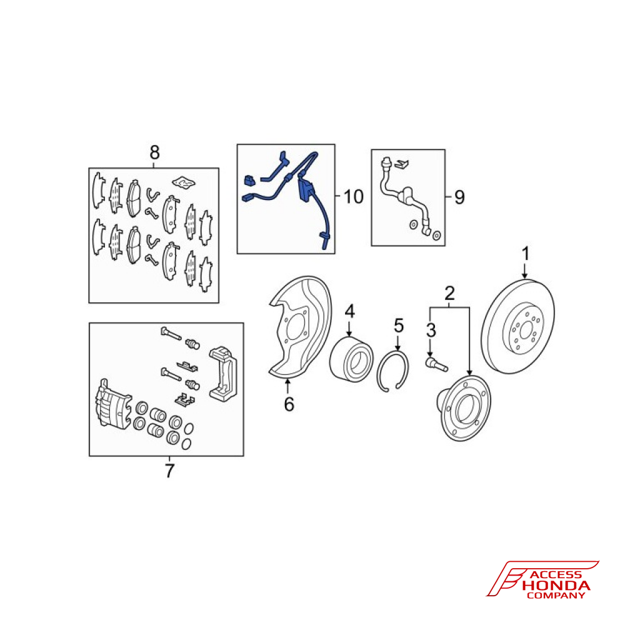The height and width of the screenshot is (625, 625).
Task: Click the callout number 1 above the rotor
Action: pyautogui.click(x=526, y=254)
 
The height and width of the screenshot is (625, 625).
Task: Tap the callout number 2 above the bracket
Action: pyautogui.click(x=449, y=293)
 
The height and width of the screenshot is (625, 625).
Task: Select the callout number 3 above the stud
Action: pyautogui.click(x=431, y=330)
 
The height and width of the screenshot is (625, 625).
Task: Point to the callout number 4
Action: pyautogui.click(x=349, y=311)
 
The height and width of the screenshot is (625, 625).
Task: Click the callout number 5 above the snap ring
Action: pyautogui.click(x=399, y=326)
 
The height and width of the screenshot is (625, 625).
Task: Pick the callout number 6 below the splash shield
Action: pyautogui.click(x=289, y=404)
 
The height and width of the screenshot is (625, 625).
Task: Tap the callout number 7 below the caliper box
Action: pyautogui.click(x=170, y=471)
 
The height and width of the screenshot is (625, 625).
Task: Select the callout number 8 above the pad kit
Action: pyautogui.click(x=154, y=152)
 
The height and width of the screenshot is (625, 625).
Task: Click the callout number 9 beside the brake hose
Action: pyautogui.click(x=459, y=197)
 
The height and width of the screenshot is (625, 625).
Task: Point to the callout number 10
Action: pyautogui.click(x=354, y=197)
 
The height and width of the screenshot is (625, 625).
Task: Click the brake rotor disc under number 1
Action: pyautogui.click(x=517, y=327)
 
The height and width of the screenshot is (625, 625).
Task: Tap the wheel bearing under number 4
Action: pyautogui.click(x=351, y=359)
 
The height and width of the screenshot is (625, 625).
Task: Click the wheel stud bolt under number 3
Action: pyautogui.click(x=436, y=364)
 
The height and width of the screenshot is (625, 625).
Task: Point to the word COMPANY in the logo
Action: pyautogui.click(x=556, y=596)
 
